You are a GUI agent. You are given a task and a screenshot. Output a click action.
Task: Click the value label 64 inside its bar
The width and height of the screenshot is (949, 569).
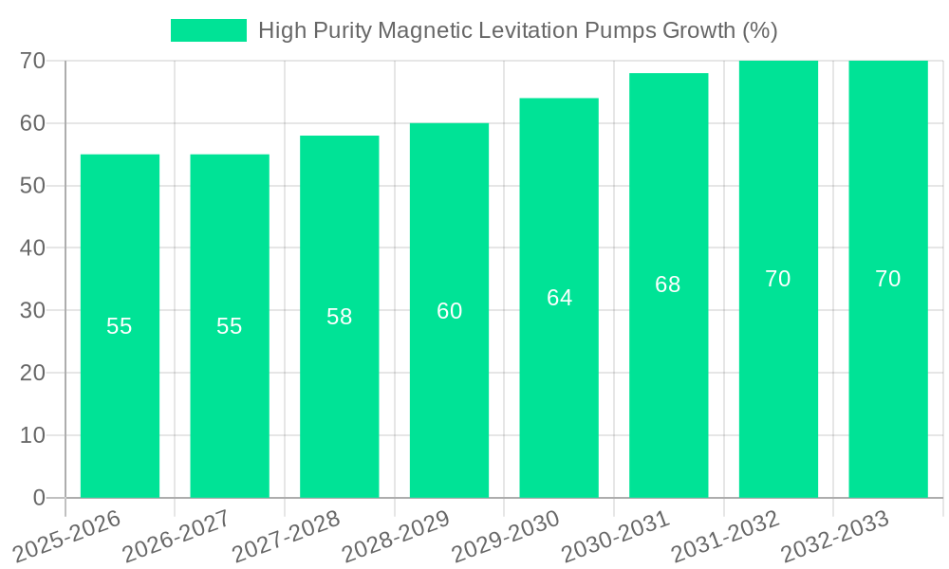559,298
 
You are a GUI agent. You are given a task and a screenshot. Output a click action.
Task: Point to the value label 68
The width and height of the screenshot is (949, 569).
668,284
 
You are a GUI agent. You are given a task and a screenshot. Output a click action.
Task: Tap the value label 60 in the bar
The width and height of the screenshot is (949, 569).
449,311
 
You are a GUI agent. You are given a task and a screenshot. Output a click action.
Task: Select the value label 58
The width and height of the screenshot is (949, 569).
340,317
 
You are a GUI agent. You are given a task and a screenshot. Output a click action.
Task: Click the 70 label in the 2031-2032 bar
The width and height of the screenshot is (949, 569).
778,279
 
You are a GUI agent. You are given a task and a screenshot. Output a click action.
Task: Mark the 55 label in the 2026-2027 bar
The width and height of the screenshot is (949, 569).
230,326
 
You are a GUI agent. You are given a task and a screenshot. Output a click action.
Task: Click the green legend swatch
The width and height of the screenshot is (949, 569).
208,30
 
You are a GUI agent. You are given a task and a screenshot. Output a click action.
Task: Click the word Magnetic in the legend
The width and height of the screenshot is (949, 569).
421,30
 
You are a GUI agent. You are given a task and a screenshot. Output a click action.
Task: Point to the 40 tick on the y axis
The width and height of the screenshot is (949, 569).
32,248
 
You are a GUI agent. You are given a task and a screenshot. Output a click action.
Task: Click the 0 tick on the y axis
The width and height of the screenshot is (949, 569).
39,498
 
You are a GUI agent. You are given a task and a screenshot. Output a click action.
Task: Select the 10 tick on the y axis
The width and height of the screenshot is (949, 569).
32,435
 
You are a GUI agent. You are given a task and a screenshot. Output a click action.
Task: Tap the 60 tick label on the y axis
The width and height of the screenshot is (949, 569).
32,123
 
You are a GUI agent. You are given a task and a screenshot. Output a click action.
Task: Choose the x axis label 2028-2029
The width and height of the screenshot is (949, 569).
396,536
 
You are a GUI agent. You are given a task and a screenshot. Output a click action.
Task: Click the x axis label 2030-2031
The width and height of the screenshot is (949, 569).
616,536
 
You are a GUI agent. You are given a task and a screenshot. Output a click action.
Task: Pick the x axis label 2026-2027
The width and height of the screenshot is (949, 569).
177,536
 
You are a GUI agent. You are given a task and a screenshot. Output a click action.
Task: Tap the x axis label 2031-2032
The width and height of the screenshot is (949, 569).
726,536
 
